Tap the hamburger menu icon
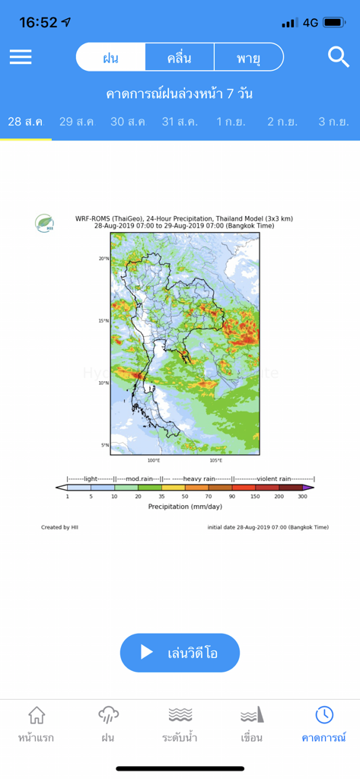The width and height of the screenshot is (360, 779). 21,57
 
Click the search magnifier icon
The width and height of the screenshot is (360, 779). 337,56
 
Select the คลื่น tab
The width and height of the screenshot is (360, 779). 179,57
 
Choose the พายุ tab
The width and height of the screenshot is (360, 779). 248,57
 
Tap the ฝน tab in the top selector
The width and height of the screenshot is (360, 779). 110,57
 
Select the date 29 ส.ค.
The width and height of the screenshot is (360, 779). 76,122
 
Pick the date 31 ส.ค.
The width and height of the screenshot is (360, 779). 180,122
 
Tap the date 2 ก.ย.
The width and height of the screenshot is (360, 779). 282,122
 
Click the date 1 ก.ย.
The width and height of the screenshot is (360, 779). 231,122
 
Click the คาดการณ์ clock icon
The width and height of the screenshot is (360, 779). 323,715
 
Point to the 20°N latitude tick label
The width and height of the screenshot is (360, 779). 104,259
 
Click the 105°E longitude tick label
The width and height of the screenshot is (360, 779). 216,460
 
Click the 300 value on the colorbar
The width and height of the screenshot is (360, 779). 302,496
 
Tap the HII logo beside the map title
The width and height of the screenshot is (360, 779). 44,223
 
